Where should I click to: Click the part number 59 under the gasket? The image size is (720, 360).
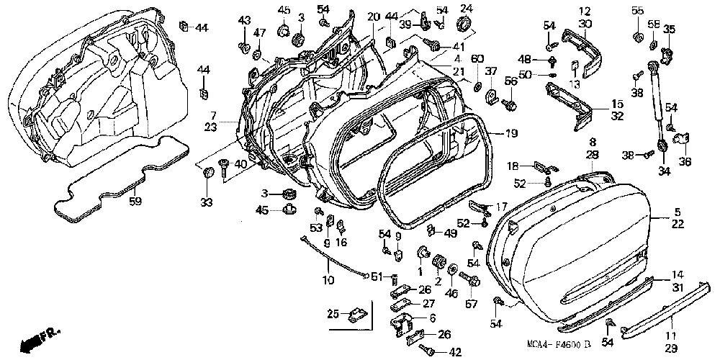point(135,202)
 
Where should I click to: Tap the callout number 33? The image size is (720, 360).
point(207,203)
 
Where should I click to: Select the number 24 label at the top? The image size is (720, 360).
point(465,8)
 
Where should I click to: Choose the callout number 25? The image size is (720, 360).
point(332,313)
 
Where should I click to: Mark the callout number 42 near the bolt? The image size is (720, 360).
point(454,352)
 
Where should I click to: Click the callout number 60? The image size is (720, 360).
point(477,58)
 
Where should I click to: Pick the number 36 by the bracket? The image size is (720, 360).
point(685,162)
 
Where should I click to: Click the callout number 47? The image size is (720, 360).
point(259,32)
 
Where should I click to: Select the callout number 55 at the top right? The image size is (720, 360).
point(637,10)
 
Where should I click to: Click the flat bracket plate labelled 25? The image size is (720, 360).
point(356,315)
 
